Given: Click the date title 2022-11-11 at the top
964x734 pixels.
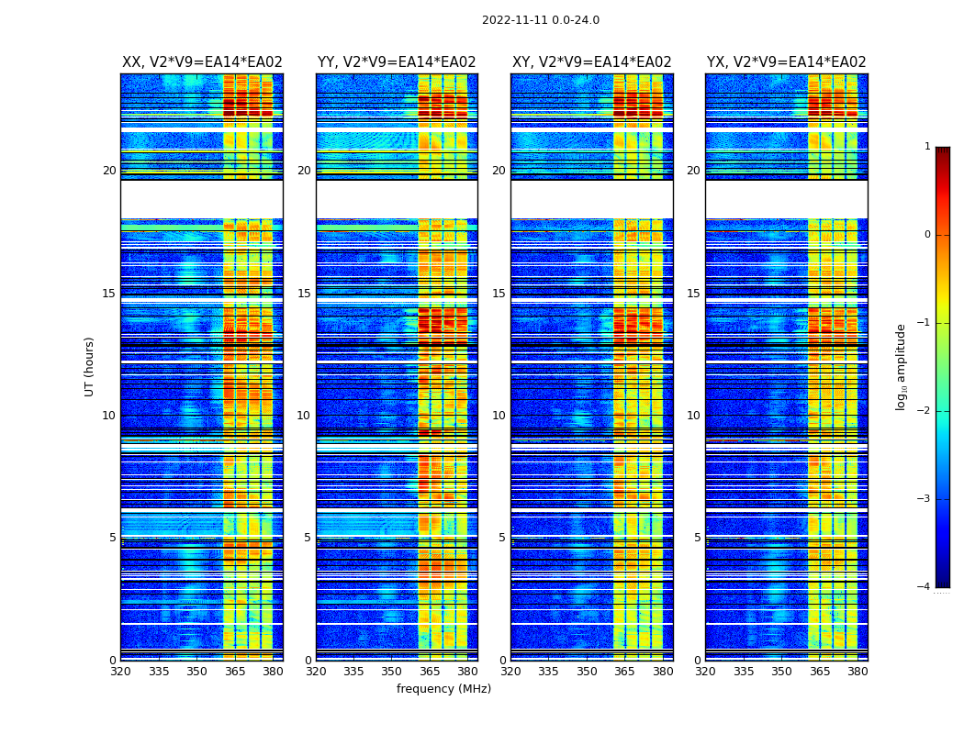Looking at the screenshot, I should pyautogui.click(x=541, y=20).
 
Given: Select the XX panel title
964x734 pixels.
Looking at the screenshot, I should pyautogui.click(x=202, y=62).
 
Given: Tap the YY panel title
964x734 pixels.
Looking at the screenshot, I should pyautogui.click(x=397, y=62).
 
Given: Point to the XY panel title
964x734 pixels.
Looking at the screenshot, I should pyautogui.click(x=591, y=62).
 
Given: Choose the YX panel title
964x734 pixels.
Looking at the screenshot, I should pyautogui.click(x=786, y=62).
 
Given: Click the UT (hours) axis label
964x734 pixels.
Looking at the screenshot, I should pyautogui.click(x=89, y=366).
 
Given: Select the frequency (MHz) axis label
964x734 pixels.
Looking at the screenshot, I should pyautogui.click(x=443, y=689).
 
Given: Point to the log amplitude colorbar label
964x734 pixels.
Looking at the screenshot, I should pyautogui.click(x=902, y=366).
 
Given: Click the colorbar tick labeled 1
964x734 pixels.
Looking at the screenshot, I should pyautogui.click(x=927, y=147).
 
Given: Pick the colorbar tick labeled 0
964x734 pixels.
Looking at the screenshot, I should pyautogui.click(x=927, y=235).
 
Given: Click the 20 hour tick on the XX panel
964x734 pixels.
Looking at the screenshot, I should pyautogui.click(x=109, y=171).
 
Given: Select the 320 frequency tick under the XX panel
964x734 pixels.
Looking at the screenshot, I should pyautogui.click(x=120, y=672).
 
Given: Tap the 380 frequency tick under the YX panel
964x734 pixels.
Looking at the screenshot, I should pyautogui.click(x=858, y=672).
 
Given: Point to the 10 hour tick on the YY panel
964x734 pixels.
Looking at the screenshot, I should pyautogui.click(x=304, y=416).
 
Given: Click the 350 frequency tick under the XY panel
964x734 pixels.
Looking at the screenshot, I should pyautogui.click(x=587, y=672).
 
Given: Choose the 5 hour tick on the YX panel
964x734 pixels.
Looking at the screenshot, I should pyautogui.click(x=697, y=538).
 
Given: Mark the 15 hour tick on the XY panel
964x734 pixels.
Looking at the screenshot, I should pyautogui.click(x=499, y=294).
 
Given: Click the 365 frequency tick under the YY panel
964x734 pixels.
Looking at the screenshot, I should pyautogui.click(x=430, y=672).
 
